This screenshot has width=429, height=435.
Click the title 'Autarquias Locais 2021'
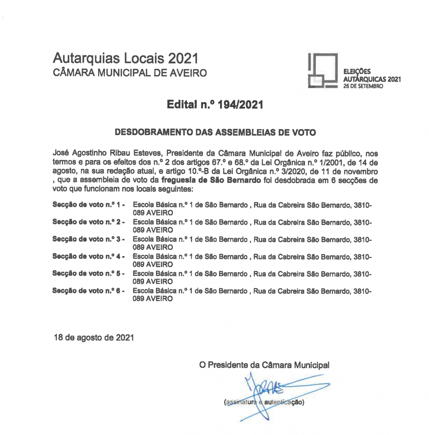coord(125,58)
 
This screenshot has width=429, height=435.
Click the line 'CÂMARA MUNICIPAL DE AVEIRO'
coord(130,73)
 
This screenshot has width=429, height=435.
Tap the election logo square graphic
coord(322,71)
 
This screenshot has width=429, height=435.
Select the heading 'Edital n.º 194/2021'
coord(215,105)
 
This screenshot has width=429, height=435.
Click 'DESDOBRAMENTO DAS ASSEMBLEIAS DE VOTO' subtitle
coord(215,133)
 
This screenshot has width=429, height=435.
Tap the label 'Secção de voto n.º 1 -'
coord(88,205)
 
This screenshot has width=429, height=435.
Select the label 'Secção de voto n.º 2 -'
coord(88,222)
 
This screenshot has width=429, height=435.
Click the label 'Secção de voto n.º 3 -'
coord(88,240)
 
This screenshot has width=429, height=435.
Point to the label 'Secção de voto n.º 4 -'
coord(88,257)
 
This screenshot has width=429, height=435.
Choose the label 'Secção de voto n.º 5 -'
coord(88,274)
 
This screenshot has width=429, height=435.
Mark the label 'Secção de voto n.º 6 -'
coord(88,291)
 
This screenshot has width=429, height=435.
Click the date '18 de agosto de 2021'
coord(94,338)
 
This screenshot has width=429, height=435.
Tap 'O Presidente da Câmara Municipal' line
coord(264,365)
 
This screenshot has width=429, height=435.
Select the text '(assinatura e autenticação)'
coord(264,402)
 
